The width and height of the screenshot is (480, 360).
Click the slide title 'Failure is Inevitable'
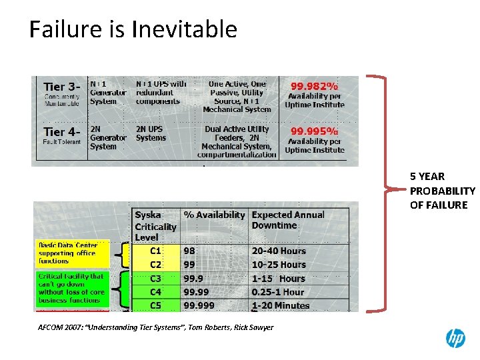click(133, 29)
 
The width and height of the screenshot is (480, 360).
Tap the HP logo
click(455, 339)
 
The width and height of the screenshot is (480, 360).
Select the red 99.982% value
click(314, 86)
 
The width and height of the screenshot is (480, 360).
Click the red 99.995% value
click(314, 131)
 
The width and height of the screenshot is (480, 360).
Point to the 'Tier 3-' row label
click(62, 87)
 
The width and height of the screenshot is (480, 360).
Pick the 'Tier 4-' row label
click(62, 132)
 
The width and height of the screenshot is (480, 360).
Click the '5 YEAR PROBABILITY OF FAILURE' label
click(442, 191)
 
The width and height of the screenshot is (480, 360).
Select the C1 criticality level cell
click(155, 251)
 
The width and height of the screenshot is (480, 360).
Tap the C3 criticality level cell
click(155, 279)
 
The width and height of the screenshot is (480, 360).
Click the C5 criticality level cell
click(155, 305)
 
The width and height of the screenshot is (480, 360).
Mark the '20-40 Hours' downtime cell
click(279, 251)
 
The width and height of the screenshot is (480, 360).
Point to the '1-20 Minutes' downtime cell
click(281, 305)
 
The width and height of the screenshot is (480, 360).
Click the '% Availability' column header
click(214, 215)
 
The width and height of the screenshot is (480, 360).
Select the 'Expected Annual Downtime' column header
click(288, 220)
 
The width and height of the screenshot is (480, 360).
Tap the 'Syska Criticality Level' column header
click(155, 226)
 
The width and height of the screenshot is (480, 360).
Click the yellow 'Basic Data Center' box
click(71, 253)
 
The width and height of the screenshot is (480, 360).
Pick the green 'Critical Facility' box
click(71, 288)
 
